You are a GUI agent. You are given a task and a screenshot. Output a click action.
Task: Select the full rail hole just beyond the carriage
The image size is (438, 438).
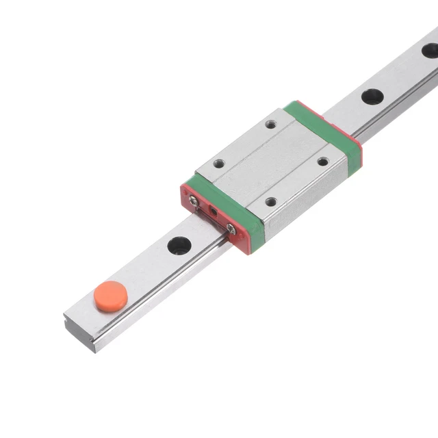click(372, 96)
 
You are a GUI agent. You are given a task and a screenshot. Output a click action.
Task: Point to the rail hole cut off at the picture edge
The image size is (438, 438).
click(430, 50)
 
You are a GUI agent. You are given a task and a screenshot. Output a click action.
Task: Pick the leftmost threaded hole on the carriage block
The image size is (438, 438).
click(219, 164)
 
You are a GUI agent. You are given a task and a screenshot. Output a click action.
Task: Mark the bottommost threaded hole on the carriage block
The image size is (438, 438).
click(272, 202)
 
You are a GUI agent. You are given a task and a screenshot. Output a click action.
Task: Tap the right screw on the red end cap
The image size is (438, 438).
click(231, 229)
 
